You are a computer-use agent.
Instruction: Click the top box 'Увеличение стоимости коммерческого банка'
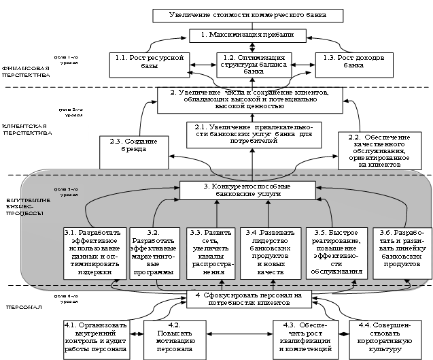coord(247,15)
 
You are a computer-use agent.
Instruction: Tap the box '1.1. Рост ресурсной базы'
coord(148,63)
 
